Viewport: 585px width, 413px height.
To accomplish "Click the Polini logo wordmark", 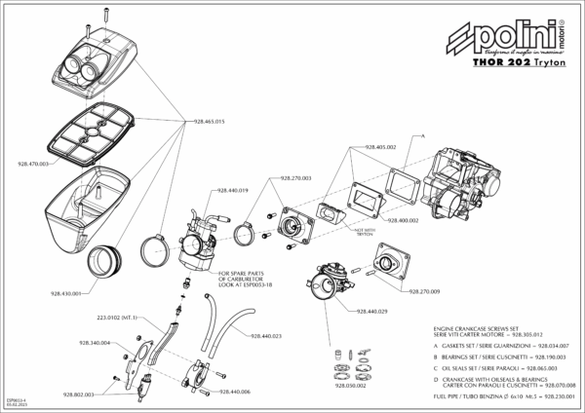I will [504, 39].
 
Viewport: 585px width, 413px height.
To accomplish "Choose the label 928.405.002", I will [379, 146].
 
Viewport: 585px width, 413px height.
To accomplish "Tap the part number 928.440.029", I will [373, 311].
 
